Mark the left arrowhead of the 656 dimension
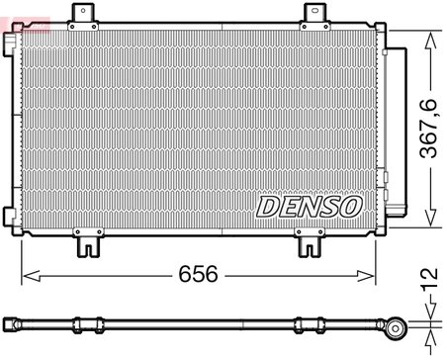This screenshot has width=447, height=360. [27, 271]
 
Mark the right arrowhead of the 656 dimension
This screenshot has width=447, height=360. [374, 271]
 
